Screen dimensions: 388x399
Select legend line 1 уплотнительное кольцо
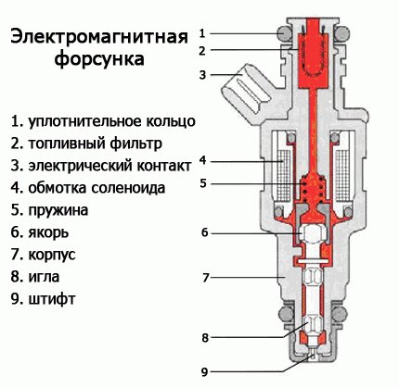pos(102,121)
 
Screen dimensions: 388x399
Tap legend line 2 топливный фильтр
pos(86,144)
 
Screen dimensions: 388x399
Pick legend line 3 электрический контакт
pos(101,166)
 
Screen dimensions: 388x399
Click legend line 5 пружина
pos(52,210)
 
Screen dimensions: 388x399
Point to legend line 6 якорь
pos(43,232)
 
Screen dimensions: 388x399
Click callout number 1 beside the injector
pos(203,32)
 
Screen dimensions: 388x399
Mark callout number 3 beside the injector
pos(202,73)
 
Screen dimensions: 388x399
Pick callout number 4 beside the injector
pos(202,160)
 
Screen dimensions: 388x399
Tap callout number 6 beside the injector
pos(203,232)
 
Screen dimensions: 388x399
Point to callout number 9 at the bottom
pos(203,371)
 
